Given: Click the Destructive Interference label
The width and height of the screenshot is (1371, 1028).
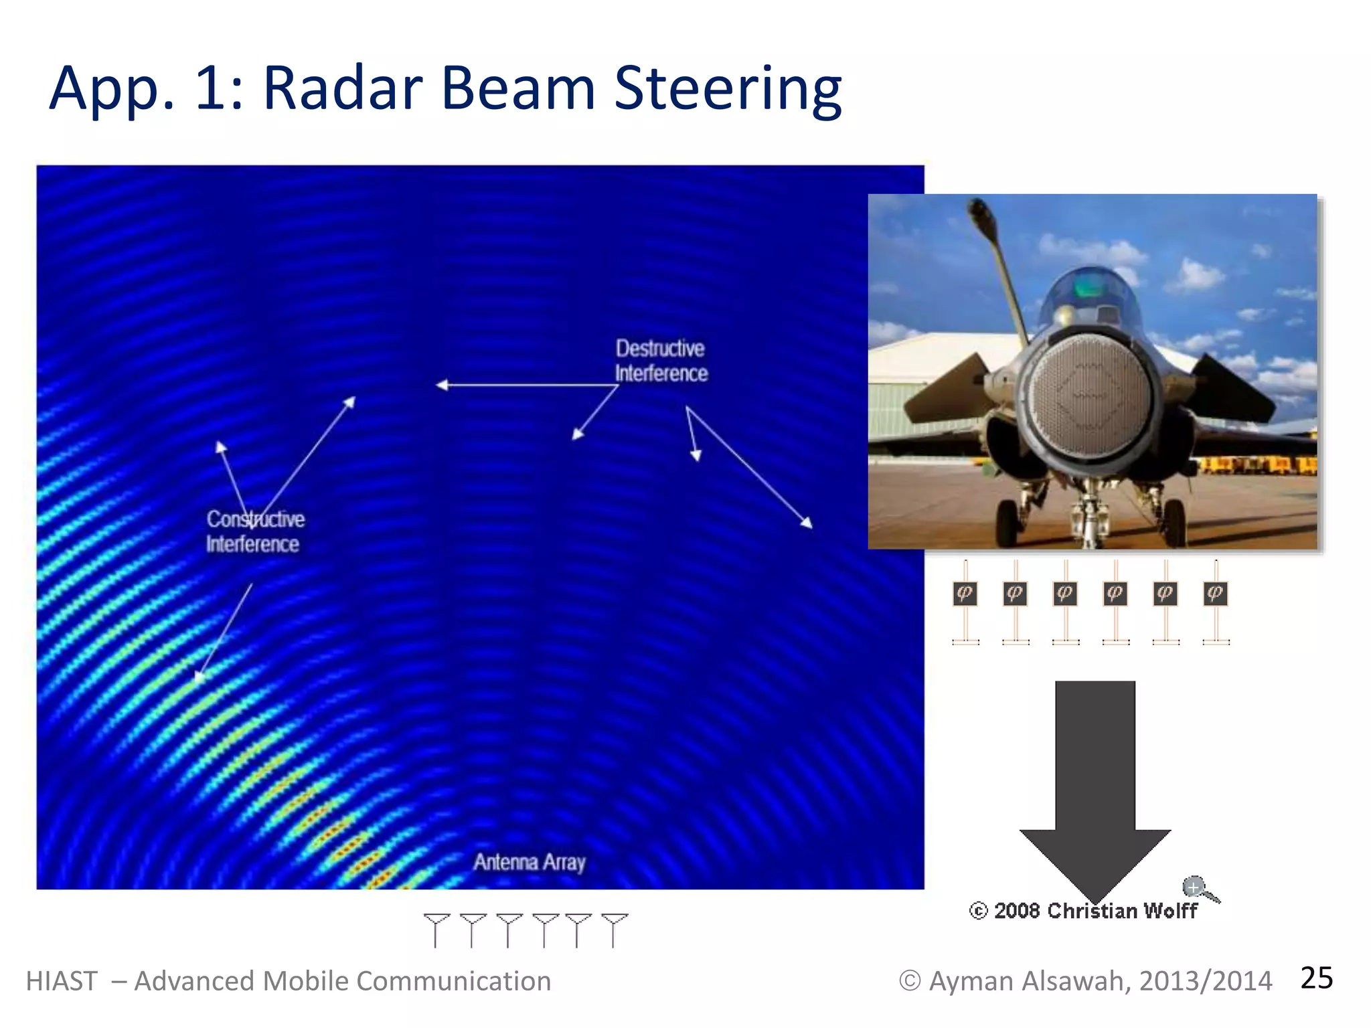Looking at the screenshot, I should coord(661,361).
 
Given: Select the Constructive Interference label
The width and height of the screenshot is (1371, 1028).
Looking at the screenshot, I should coord(254,531).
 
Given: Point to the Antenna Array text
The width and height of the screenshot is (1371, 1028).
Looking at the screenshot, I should coord(529,862).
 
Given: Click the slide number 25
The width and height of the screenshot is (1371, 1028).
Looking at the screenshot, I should coord(1316,978).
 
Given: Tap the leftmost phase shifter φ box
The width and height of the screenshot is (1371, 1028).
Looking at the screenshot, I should coord(965,594).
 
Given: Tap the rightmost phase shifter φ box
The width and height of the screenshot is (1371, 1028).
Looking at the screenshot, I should coord(1215,594).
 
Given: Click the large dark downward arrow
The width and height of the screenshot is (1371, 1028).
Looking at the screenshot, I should coord(1095,783).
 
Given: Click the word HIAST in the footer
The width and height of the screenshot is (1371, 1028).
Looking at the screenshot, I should coord(62,981).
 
